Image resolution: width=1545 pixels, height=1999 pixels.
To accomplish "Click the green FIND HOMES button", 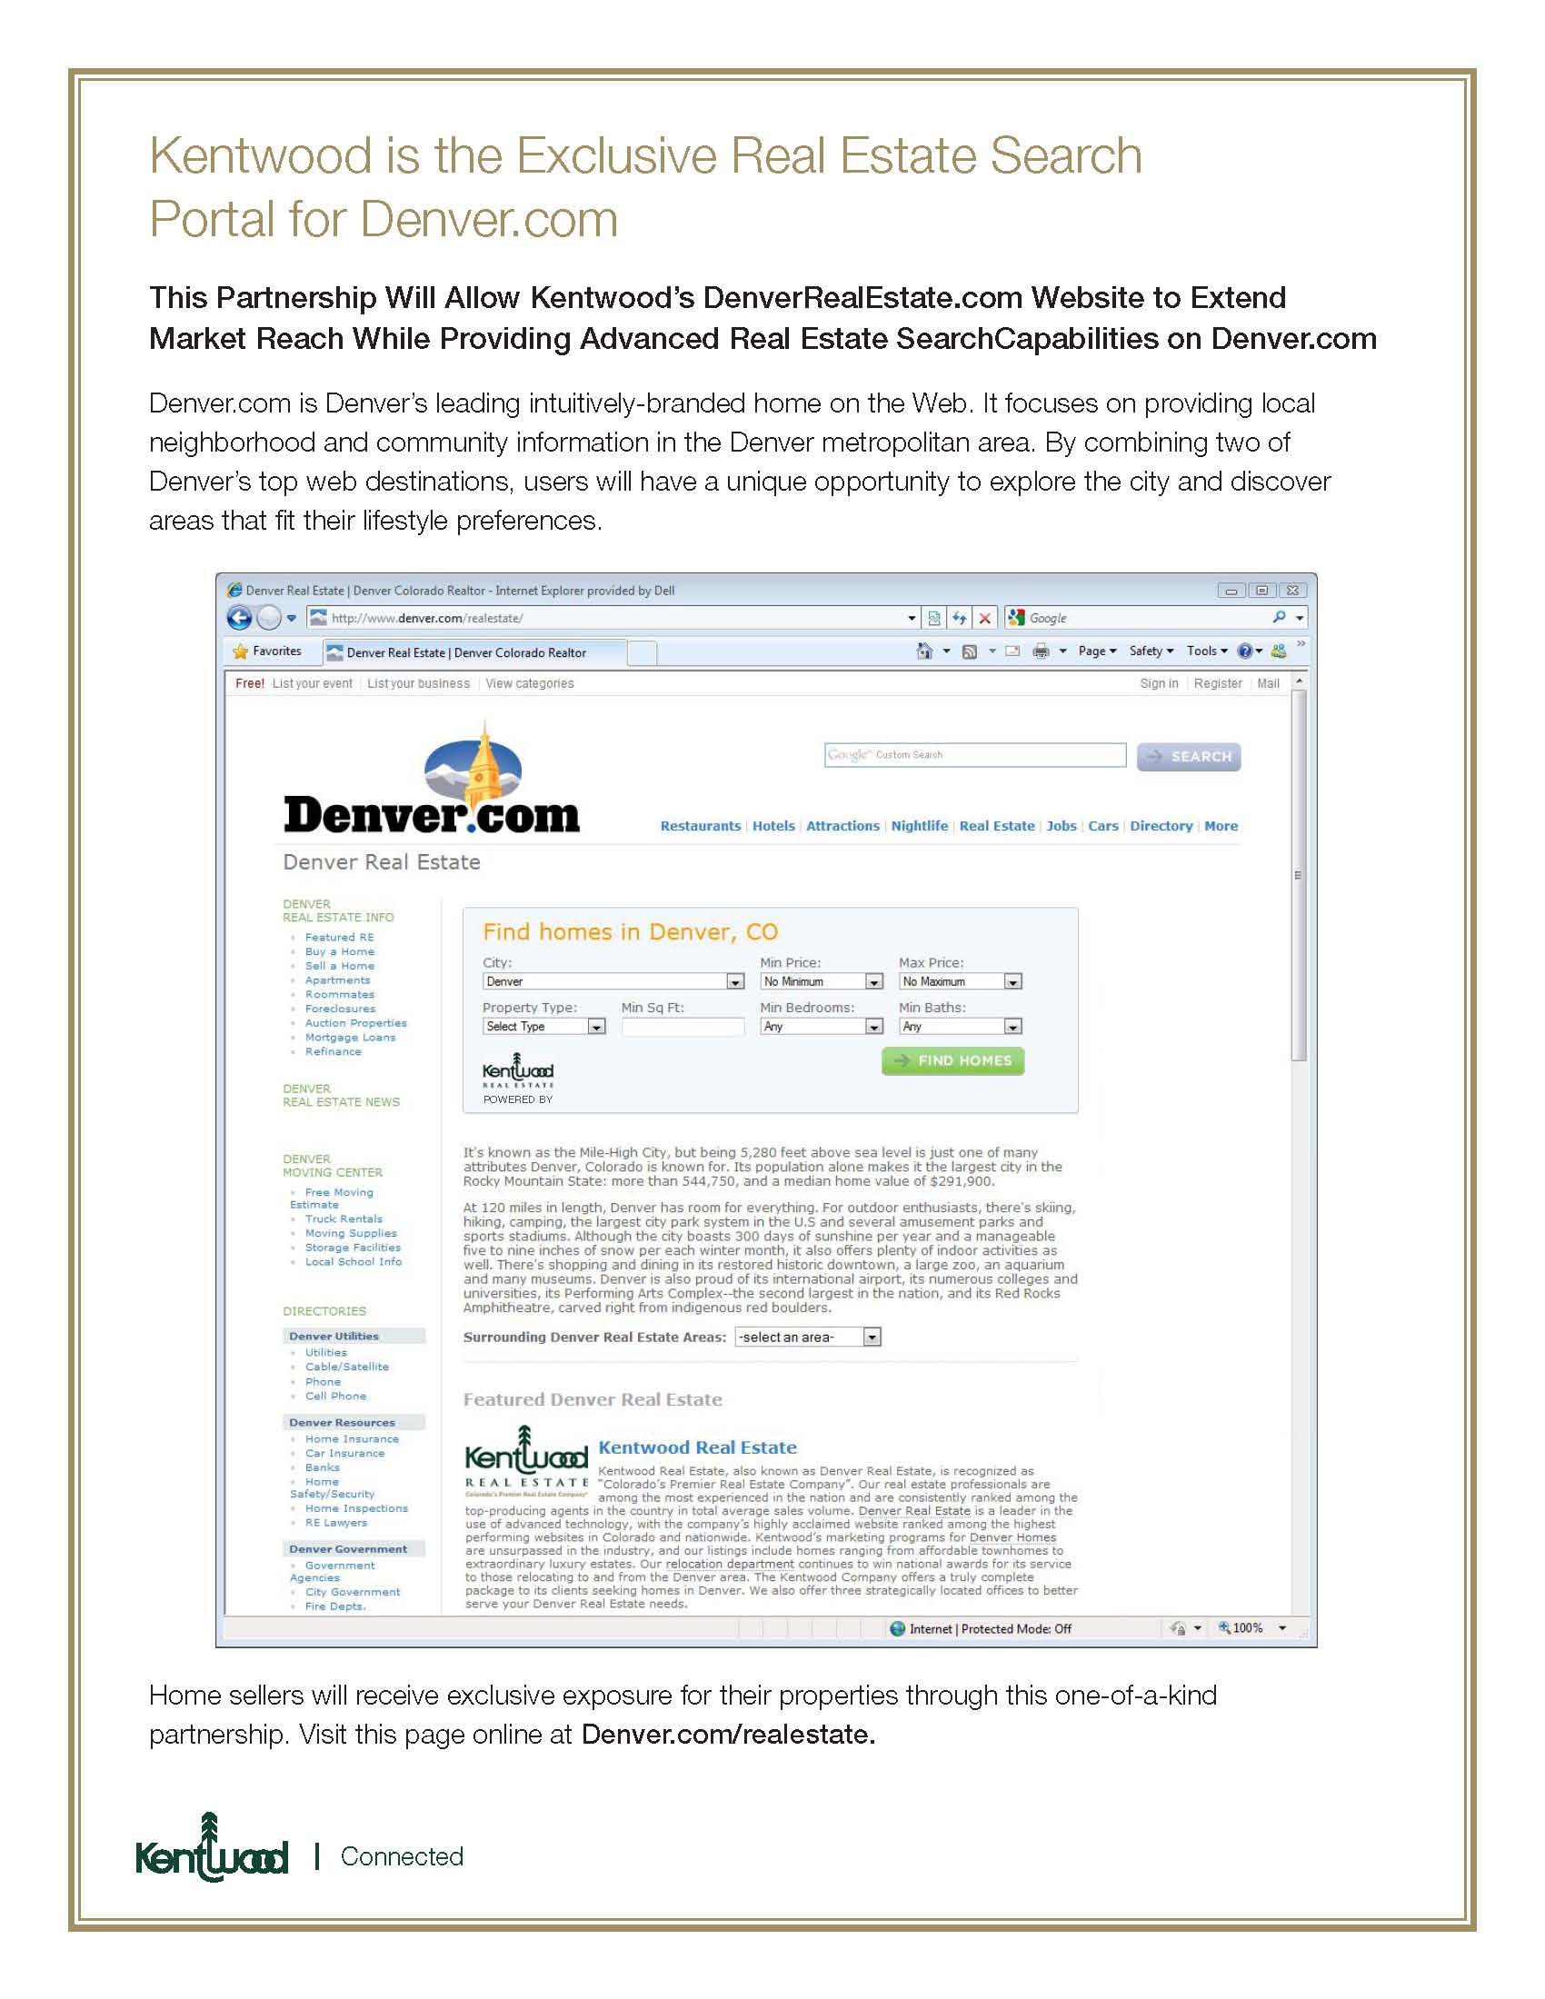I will click(x=952, y=1060).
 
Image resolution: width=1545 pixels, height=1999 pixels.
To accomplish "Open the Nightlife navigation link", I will click(x=919, y=826).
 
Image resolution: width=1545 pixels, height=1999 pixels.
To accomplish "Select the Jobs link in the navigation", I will click(x=1061, y=826).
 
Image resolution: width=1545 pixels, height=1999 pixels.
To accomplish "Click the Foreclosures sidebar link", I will click(x=340, y=1009).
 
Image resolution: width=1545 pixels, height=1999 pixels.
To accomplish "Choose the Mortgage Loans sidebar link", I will click(x=350, y=1037).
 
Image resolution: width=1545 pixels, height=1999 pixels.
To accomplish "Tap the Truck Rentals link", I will click(x=344, y=1219).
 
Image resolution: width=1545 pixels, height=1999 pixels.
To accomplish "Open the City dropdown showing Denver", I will click(x=613, y=981).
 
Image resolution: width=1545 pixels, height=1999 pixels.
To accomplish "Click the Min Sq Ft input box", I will click(x=682, y=1027).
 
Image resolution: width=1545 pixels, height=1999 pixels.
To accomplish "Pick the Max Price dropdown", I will click(x=959, y=981).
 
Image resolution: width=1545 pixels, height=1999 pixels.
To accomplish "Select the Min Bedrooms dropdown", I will click(x=820, y=1027).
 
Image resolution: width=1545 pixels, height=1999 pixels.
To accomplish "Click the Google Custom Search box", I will click(x=974, y=755).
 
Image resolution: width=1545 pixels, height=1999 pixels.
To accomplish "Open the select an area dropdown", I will click(x=807, y=1338).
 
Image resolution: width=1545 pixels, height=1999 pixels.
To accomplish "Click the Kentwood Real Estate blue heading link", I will click(x=697, y=1447).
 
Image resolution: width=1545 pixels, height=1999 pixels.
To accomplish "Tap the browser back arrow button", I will click(x=239, y=618).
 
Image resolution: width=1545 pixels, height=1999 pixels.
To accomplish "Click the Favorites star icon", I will click(x=241, y=651).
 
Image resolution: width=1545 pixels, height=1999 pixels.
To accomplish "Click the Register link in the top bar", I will click(x=1217, y=683).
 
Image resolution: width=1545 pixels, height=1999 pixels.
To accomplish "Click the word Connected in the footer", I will click(x=402, y=1856).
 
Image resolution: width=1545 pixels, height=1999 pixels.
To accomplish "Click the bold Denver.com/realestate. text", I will click(x=728, y=1735).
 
